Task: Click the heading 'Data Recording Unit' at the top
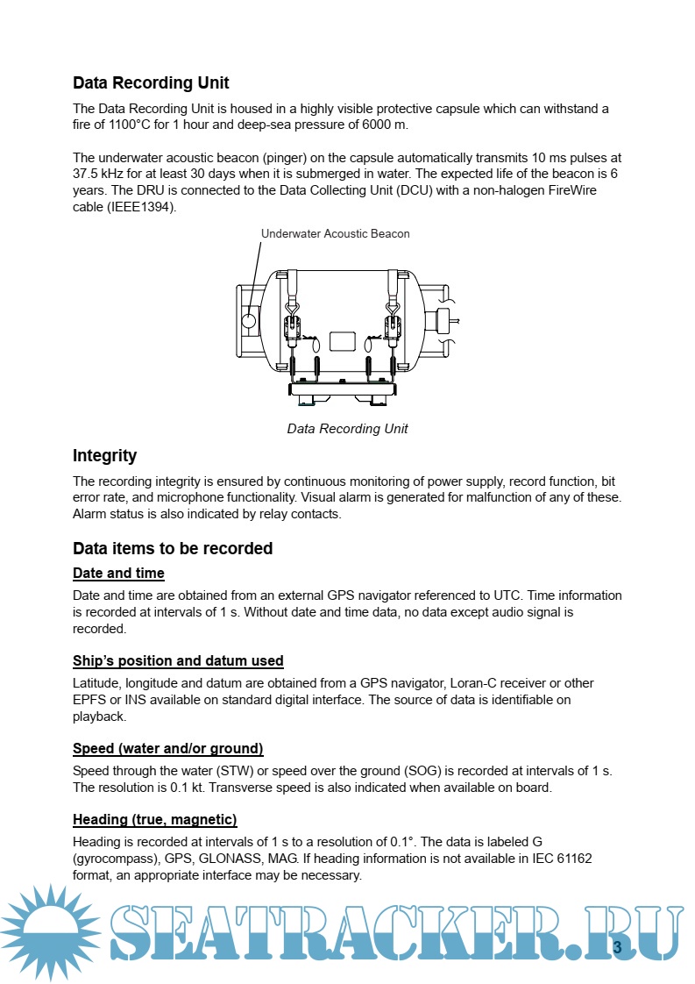[x=151, y=83]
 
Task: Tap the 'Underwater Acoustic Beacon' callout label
[x=335, y=233]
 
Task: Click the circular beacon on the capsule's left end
[x=249, y=320]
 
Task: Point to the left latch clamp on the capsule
[x=293, y=328]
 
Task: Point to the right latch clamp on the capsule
[x=391, y=328]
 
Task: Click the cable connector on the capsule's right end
[x=443, y=320]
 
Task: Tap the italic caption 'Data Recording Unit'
[x=347, y=429]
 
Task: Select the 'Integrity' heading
[x=104, y=456]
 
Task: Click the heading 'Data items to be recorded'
[x=173, y=549]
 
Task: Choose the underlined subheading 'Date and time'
[x=118, y=574]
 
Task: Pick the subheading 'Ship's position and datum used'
[x=178, y=660]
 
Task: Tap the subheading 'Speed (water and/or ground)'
[x=167, y=748]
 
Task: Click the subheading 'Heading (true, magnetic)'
[x=154, y=820]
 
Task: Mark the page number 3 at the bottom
[x=616, y=947]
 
